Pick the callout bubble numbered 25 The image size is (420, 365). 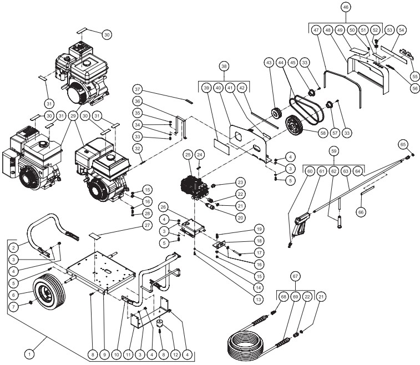(188, 154)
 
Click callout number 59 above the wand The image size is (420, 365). (334, 150)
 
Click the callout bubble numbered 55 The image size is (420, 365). (414, 75)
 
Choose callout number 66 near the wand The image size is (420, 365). (361, 211)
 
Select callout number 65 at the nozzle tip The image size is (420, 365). (403, 144)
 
